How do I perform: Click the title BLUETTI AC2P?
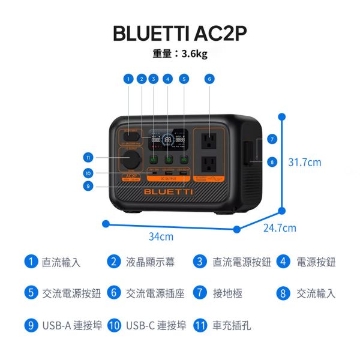click(x=179, y=34)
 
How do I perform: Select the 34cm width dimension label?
click(x=161, y=236)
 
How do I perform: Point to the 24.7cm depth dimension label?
click(x=280, y=228)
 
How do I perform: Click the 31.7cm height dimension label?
click(x=305, y=162)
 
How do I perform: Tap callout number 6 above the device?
click(x=209, y=79)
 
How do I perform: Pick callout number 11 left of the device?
click(x=88, y=157)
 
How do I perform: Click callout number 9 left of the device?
click(x=88, y=185)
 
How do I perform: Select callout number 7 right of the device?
click(x=272, y=139)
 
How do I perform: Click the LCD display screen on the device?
click(x=169, y=140)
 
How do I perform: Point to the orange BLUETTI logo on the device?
click(x=168, y=191)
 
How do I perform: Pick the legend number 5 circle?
click(x=31, y=293)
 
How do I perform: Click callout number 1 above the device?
click(x=128, y=79)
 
